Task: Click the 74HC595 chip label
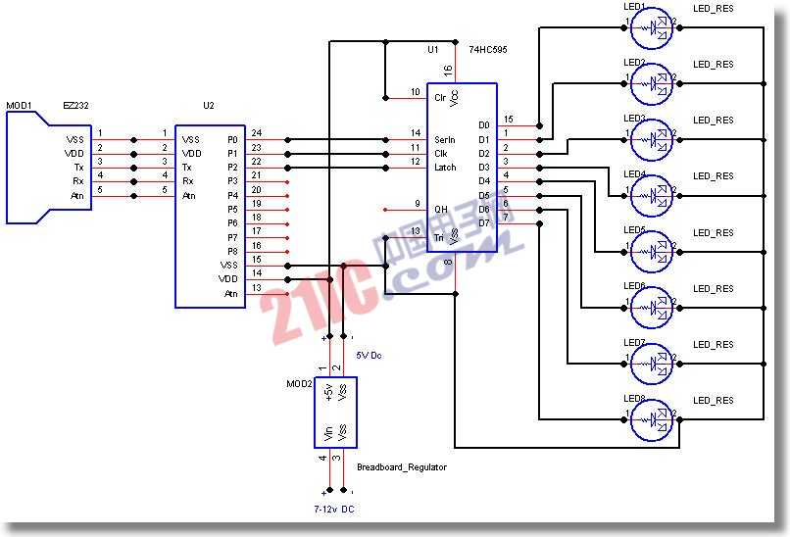[488, 49]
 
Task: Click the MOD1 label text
[20, 105]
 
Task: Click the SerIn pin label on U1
[444, 140]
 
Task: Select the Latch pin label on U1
[444, 168]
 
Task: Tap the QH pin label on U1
[441, 209]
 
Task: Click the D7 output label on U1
[483, 223]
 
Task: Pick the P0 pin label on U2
[232, 140]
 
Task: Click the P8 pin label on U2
[232, 251]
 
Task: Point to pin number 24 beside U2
[257, 133]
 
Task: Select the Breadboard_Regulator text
[401, 467]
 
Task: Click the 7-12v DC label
[334, 510]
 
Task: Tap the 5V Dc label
[369, 355]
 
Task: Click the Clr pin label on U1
[440, 98]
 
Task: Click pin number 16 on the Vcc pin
[448, 70]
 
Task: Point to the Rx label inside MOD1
[77, 181]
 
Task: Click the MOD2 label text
[298, 384]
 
